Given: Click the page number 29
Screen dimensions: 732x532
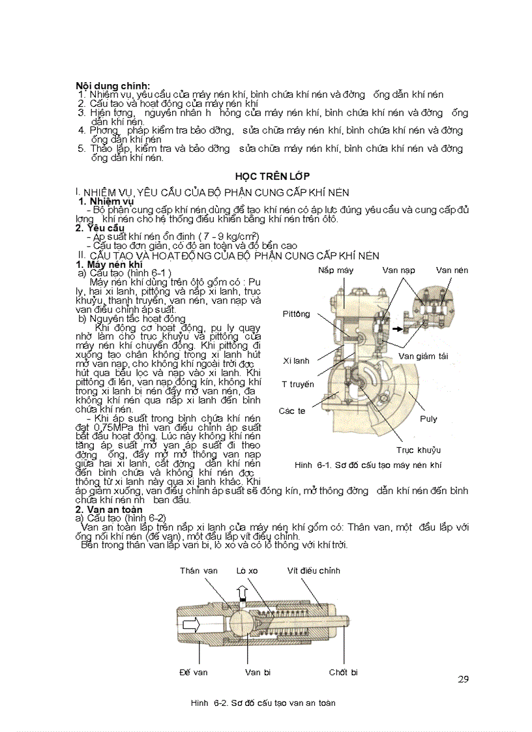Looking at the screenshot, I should pos(462,679).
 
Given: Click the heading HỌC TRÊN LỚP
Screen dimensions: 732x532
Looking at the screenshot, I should pos(273,177).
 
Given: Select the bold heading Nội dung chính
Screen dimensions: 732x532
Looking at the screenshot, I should pos(113,85).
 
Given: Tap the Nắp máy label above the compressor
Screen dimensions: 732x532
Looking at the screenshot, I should pos(336,270).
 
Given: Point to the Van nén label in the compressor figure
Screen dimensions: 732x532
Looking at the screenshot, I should pos(452,270).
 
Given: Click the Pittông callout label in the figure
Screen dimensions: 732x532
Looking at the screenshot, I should pos(297,314).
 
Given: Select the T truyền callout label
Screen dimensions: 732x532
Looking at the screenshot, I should pos(298,384).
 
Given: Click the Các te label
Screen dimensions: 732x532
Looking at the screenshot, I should pos(292,411).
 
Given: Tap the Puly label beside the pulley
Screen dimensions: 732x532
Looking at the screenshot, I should pos(428,419).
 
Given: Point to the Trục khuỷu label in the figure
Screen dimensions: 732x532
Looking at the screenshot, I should pos(419,450).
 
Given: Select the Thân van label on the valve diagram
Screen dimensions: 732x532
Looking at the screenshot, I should pos(199,570).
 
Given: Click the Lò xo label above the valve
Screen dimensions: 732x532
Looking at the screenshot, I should pos(247,570).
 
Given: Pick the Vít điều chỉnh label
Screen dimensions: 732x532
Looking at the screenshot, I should pos(314,570).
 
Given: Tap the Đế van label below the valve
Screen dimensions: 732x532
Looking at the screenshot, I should pos(193,672).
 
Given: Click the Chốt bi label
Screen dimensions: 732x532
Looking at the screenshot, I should pos(343,672).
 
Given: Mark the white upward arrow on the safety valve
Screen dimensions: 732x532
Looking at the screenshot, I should pos(242,593).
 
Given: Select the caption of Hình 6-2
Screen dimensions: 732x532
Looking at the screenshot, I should pos(263,703).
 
